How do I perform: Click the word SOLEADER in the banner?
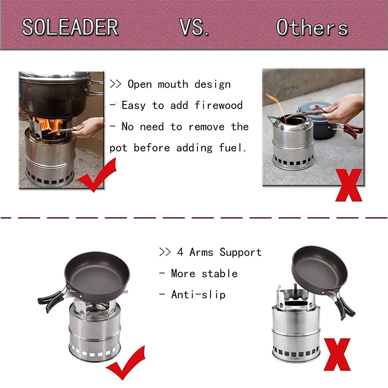point(70,27)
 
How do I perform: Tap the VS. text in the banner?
point(195,27)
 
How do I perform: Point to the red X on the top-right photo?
point(349,185)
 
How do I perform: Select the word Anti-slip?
point(198,295)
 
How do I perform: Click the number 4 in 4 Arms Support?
point(180,252)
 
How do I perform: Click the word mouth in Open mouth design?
point(173,85)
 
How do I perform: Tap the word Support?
point(241,252)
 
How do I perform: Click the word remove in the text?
point(206,127)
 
